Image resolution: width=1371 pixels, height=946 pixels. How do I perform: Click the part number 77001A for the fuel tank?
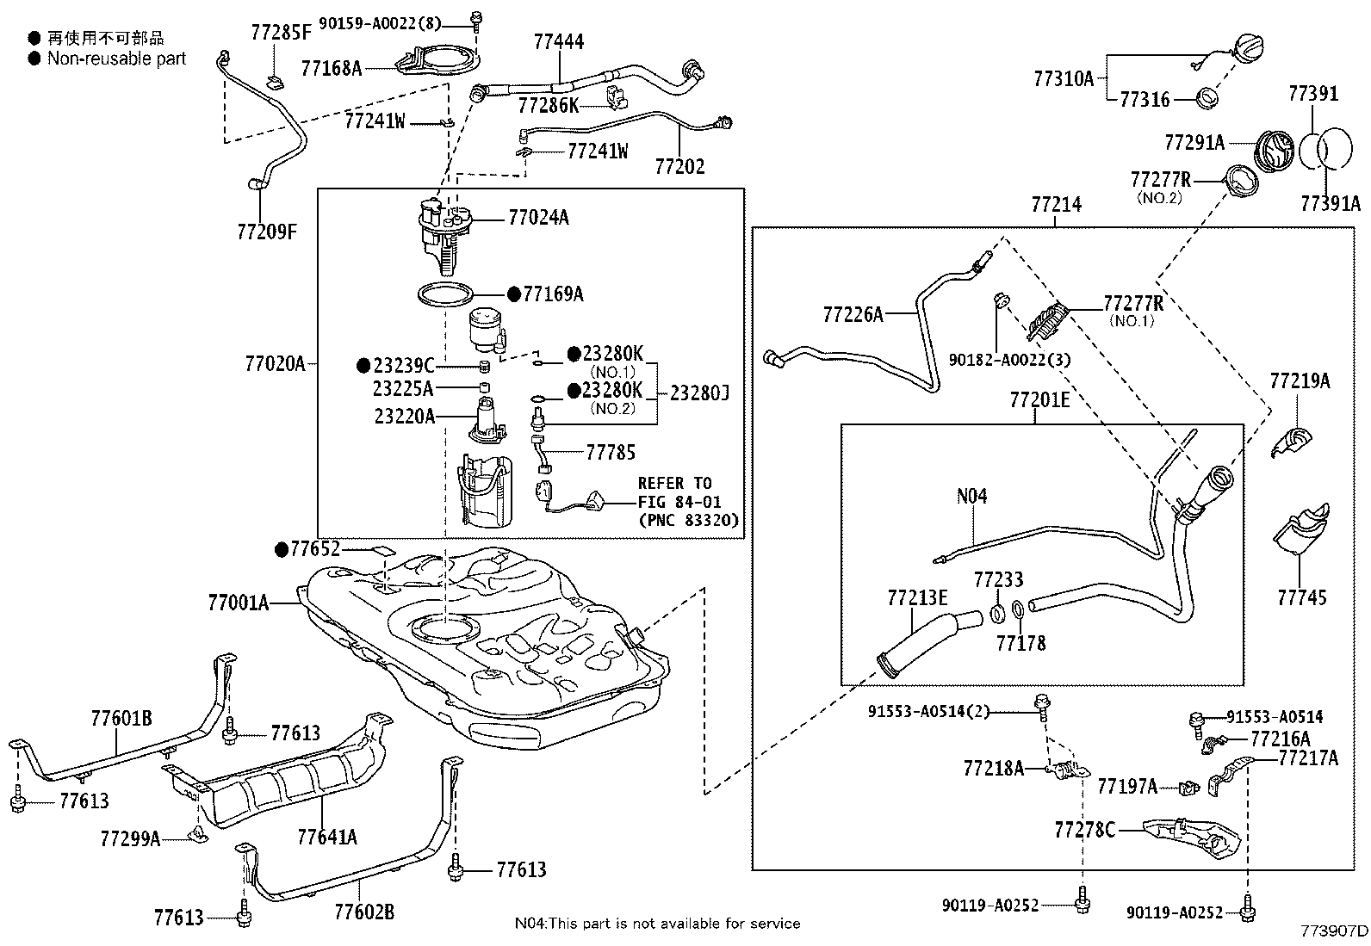click(238, 603)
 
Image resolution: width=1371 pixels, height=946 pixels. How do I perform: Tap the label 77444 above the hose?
click(558, 41)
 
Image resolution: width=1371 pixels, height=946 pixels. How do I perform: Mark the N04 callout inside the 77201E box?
click(971, 496)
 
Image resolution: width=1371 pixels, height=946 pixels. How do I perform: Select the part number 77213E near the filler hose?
click(917, 597)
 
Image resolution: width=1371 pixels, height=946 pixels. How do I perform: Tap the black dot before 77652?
click(281, 548)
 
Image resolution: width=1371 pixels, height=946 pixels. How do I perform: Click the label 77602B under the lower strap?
click(363, 911)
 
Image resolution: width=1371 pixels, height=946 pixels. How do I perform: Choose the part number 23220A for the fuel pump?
click(404, 416)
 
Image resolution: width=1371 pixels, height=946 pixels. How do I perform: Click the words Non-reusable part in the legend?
click(116, 59)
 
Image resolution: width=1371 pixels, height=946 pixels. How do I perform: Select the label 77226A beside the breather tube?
click(853, 315)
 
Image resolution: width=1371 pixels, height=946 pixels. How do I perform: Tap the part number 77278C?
click(1085, 830)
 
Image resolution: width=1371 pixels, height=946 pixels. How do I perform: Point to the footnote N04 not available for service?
click(657, 923)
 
